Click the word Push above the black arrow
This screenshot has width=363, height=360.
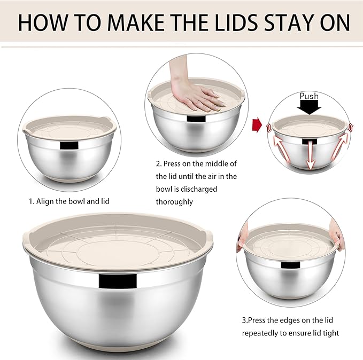coord(309,96)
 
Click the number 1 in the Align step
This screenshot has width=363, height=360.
coord(30,202)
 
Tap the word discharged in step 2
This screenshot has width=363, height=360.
coord(189,189)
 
